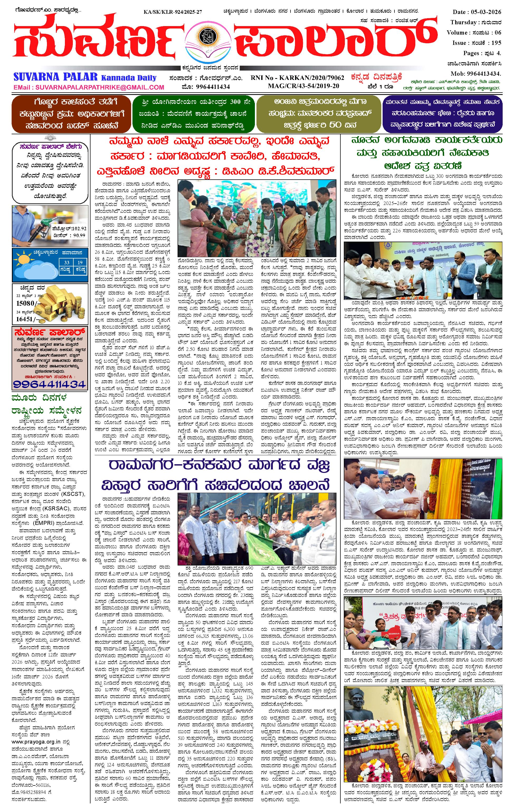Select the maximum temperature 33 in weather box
pyautogui.click(x=67, y=263)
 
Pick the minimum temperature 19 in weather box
pyautogui.click(x=80, y=263)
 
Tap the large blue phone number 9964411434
pyautogui.click(x=50, y=384)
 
